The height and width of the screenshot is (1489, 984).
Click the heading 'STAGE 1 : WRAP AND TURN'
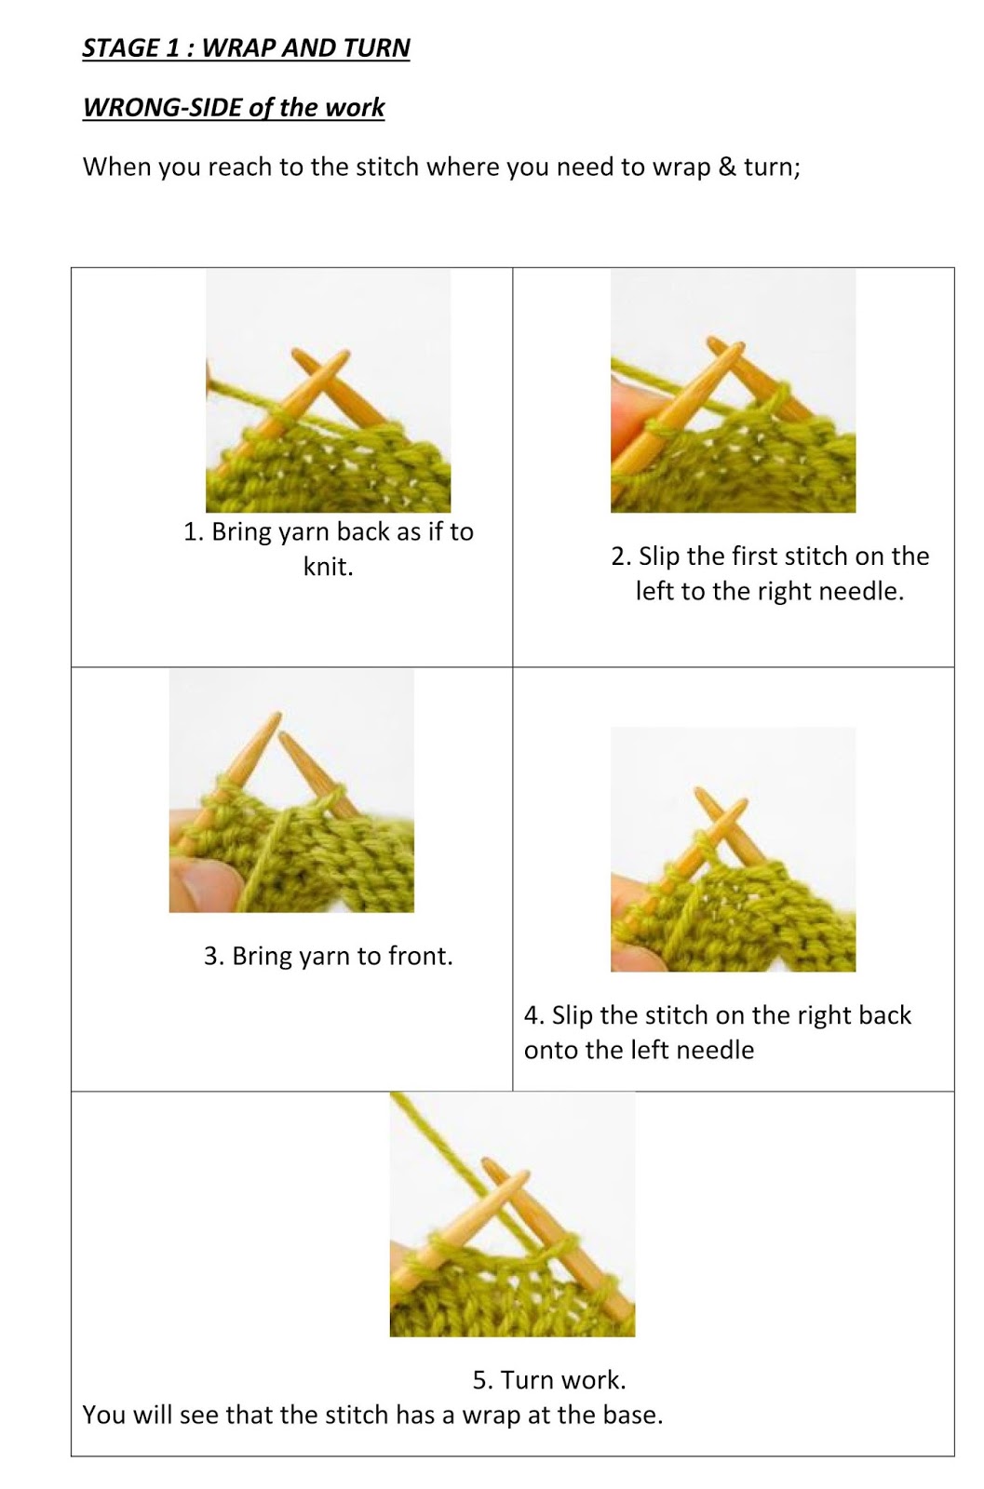click(x=246, y=47)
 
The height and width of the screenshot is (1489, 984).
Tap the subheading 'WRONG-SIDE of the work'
click(x=233, y=107)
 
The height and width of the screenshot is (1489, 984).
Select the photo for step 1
click(x=328, y=391)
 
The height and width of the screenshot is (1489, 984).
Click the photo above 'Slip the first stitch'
click(x=733, y=391)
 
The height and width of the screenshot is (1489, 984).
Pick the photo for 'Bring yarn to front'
click(x=291, y=790)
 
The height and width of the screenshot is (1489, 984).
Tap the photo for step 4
click(x=733, y=849)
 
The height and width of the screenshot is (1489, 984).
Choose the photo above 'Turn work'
click(x=512, y=1214)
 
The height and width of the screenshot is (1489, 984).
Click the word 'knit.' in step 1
click(x=329, y=567)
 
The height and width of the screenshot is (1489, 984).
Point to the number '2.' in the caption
click(x=621, y=557)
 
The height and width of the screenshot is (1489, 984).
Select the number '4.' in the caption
click(x=533, y=1015)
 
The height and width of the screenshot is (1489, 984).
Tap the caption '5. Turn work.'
click(x=549, y=1379)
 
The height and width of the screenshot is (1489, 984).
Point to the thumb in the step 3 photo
click(x=197, y=884)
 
